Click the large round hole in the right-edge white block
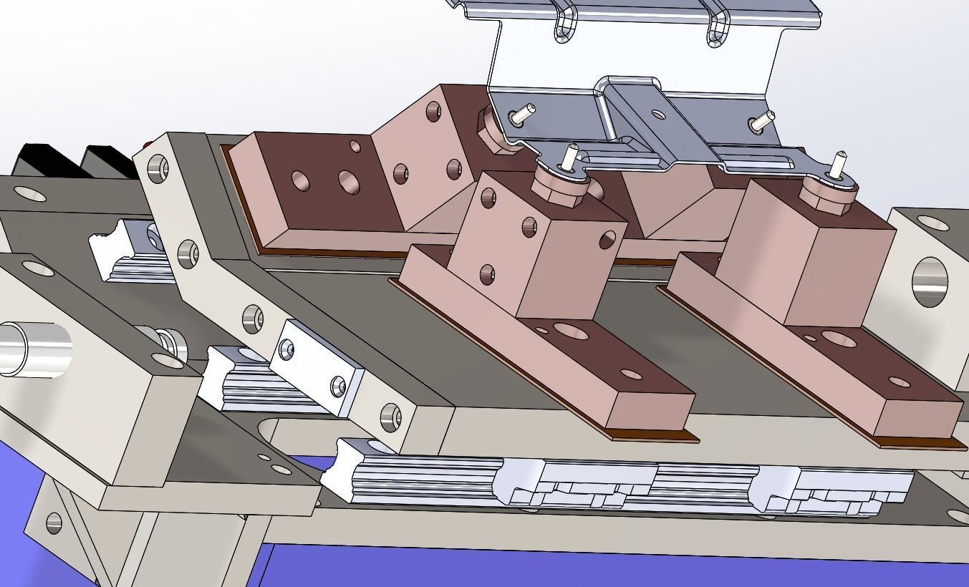pos(930,282)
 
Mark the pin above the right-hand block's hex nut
pos(837,164)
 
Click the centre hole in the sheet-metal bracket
pos(657,113)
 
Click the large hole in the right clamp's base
pos(838,339)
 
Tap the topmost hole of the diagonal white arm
pos(158,170)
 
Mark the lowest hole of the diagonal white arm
pos(390,416)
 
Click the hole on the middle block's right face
pos(608,238)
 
